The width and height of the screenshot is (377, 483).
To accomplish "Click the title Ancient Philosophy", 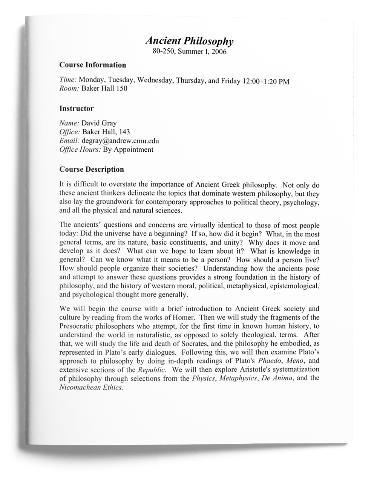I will (189, 41).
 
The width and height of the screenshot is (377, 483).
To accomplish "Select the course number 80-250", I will (163, 51).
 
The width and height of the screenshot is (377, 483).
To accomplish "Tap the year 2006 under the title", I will (219, 52).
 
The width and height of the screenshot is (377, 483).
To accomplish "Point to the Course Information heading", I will (93, 65).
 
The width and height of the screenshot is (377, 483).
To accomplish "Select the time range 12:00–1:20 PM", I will (266, 81).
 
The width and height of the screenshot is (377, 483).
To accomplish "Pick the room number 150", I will (121, 89).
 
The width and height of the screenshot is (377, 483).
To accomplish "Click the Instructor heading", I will (77, 109).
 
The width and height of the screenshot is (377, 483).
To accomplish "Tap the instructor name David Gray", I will (99, 123).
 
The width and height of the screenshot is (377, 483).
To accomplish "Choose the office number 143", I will (124, 132).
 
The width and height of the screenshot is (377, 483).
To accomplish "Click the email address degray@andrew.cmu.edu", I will (120, 141).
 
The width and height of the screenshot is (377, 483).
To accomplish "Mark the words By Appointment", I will (128, 149).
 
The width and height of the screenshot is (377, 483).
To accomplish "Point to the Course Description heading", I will (92, 169).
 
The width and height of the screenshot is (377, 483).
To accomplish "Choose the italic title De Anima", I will (277, 378).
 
